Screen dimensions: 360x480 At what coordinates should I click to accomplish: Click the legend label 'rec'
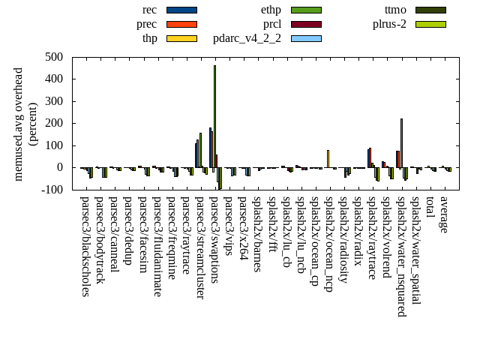point(149,10)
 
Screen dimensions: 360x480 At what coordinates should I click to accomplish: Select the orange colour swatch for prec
point(181,24)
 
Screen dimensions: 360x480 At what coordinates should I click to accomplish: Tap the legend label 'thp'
point(150,38)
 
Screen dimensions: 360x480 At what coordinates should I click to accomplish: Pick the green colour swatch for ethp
point(306,10)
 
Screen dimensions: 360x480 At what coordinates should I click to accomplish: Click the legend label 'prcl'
point(272,24)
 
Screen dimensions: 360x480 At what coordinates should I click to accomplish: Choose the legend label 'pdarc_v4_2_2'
point(247,38)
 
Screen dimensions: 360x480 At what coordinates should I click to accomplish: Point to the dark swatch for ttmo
point(430,10)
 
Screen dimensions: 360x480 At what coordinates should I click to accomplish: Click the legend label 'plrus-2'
point(389,24)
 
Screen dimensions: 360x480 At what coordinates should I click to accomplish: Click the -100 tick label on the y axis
point(52,190)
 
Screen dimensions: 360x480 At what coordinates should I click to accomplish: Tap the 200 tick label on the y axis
point(53,123)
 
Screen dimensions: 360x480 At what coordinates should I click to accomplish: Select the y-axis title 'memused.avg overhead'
point(19,124)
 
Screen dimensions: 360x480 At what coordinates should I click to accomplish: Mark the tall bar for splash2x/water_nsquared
point(401,142)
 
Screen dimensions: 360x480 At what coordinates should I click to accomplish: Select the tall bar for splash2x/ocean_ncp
point(328,158)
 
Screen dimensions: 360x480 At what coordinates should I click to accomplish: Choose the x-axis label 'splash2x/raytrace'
point(371,237)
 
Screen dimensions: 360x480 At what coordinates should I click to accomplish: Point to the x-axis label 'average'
point(444,214)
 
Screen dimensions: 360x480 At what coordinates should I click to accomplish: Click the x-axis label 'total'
point(430,208)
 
